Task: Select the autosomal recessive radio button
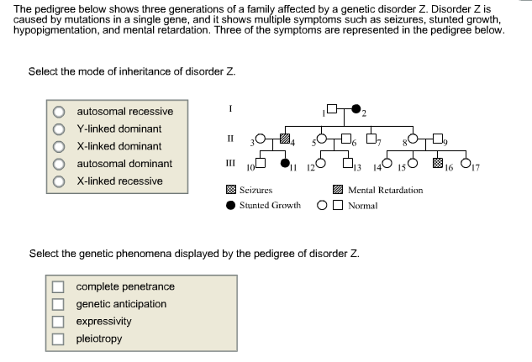(59, 112)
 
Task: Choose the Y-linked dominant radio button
(59, 129)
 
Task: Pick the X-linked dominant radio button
(59, 147)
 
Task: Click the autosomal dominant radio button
(59, 164)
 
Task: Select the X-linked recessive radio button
(59, 181)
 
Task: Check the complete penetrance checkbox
(58, 287)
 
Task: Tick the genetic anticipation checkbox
(58, 304)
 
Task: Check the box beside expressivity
(58, 322)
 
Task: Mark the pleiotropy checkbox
(58, 339)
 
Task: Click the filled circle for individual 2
(356, 109)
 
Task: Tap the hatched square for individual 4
(285, 139)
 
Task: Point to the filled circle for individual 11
(285, 163)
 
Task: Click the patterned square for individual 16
(438, 163)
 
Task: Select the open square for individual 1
(332, 109)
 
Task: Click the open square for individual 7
(371, 139)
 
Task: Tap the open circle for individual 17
(466, 163)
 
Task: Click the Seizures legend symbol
(231, 190)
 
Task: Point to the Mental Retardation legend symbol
(338, 190)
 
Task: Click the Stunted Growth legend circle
(231, 205)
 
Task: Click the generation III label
(230, 163)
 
